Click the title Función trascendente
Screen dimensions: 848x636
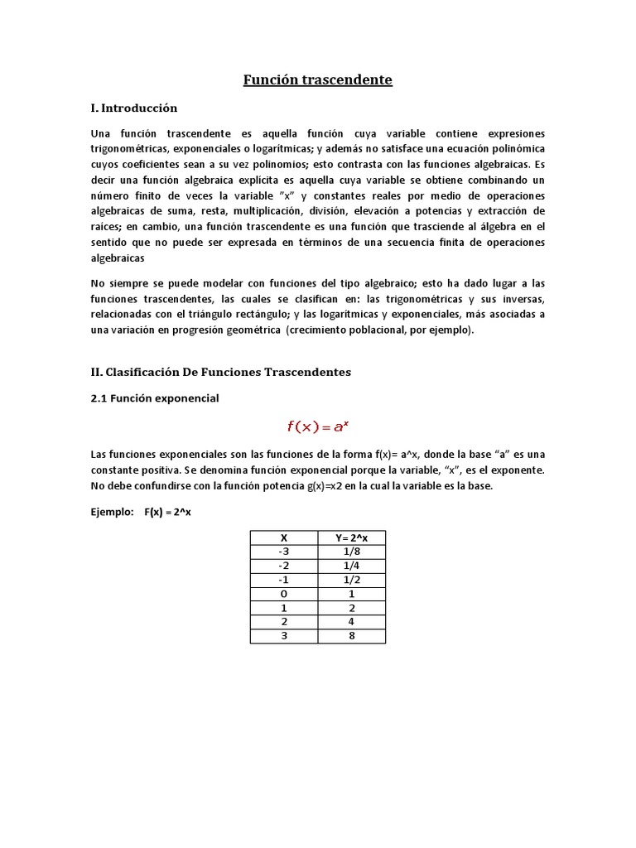tap(317, 80)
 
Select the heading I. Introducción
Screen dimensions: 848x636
tap(134, 108)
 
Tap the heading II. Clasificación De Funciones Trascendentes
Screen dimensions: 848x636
tap(221, 372)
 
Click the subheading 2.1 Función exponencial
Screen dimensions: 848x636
tap(155, 398)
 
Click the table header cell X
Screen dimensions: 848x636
tap(284, 538)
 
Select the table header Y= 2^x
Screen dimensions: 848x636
tap(351, 538)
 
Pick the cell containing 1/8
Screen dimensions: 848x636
tap(351, 552)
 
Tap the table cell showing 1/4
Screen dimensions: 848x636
tap(351, 566)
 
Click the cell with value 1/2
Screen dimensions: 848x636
tap(351, 581)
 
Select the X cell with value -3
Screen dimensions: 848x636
tap(284, 552)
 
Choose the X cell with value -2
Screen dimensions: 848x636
tap(284, 566)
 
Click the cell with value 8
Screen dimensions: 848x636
tap(351, 636)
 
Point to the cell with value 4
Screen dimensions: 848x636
tap(351, 622)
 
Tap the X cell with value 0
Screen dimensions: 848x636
tap(284, 595)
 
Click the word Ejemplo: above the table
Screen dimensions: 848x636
tap(112, 512)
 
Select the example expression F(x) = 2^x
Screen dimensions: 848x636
tap(167, 512)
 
